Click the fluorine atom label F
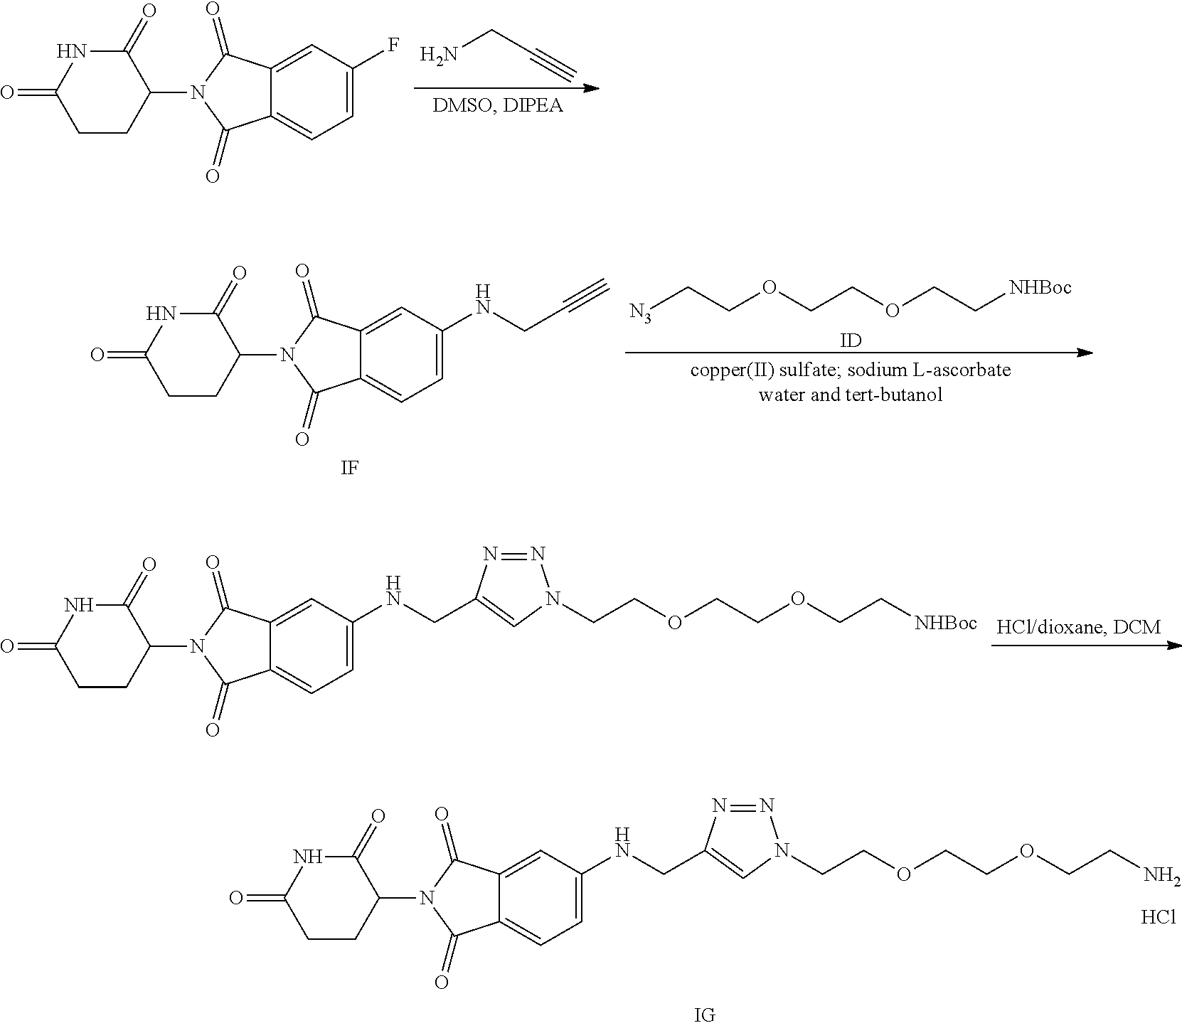(x=393, y=45)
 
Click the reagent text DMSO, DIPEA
(x=498, y=107)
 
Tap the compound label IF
(x=348, y=470)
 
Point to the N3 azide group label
(x=640, y=312)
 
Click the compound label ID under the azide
(x=851, y=341)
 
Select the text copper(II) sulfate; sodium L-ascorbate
(x=851, y=370)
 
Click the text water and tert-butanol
(x=851, y=395)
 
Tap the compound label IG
(x=704, y=1015)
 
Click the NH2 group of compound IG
(x=1161, y=874)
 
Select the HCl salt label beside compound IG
(x=1159, y=918)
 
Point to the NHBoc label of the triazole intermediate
(x=946, y=623)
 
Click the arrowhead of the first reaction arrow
(x=592, y=88)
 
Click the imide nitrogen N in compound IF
(x=287, y=353)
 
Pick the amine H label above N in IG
(x=622, y=832)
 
